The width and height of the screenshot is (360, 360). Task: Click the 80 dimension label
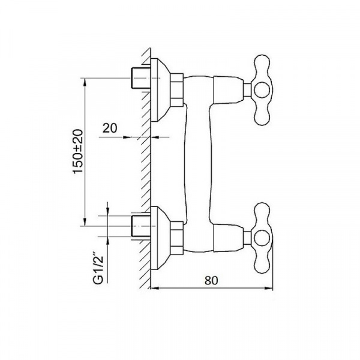pos(211,280)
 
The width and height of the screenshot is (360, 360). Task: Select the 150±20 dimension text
pos(77,152)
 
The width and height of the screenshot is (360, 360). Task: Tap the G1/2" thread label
pos(99,269)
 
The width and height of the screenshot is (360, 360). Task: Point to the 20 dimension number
pos(110,128)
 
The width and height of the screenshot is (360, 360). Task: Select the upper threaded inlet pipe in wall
pos(140,78)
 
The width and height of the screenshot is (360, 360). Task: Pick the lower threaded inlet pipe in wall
pos(140,226)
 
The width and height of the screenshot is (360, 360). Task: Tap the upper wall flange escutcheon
pos(160,90)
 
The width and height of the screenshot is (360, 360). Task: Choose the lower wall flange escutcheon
pos(160,238)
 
